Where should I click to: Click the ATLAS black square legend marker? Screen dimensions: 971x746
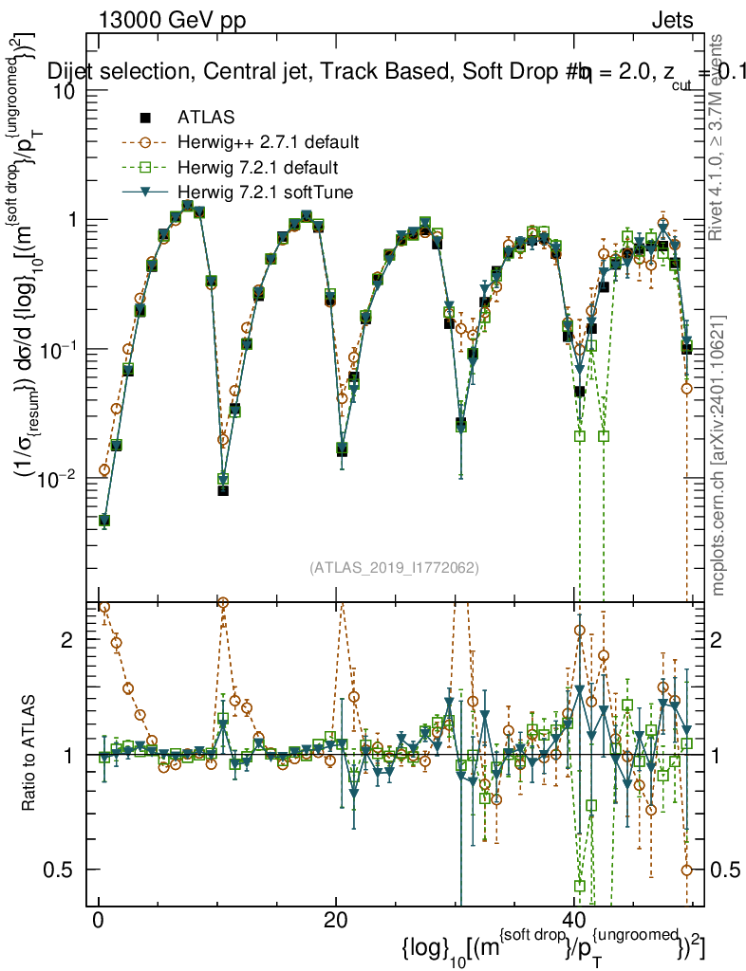point(145,118)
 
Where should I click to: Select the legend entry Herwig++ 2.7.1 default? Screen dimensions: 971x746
point(268,142)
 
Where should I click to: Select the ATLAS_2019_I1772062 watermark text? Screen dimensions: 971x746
point(393,568)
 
